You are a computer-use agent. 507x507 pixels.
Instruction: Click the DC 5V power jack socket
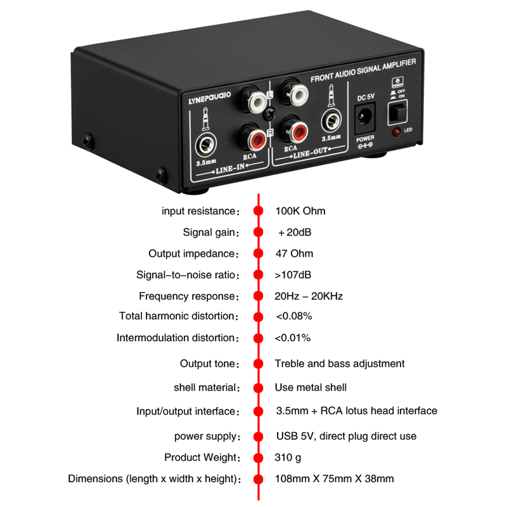pyautogui.click(x=365, y=118)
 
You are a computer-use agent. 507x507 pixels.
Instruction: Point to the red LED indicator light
pyautogui.click(x=395, y=132)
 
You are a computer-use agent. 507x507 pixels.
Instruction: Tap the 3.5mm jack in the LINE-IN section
pyautogui.click(x=206, y=145)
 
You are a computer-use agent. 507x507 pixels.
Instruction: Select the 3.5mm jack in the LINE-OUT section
pyautogui.click(x=331, y=122)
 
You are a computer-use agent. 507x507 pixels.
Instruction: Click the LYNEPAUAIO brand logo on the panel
pyautogui.click(x=210, y=98)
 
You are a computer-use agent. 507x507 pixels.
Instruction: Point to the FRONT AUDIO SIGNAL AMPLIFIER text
pyautogui.click(x=363, y=70)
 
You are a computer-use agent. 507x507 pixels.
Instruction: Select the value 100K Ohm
pyautogui.click(x=300, y=211)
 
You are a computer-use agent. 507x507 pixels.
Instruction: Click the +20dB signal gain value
pyautogui.click(x=295, y=232)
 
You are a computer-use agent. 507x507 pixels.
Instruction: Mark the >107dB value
pyautogui.click(x=293, y=275)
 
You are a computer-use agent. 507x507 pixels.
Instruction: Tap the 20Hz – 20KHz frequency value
pyautogui.click(x=309, y=296)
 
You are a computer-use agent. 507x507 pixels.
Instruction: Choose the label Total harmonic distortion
pyautogui.click(x=177, y=316)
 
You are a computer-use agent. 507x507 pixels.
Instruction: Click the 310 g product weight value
pyautogui.click(x=288, y=458)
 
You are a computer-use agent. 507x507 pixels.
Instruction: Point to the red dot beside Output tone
pyautogui.click(x=259, y=364)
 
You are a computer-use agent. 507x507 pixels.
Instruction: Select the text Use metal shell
pyautogui.click(x=311, y=387)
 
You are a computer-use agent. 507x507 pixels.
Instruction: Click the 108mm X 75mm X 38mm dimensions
pyautogui.click(x=335, y=478)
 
